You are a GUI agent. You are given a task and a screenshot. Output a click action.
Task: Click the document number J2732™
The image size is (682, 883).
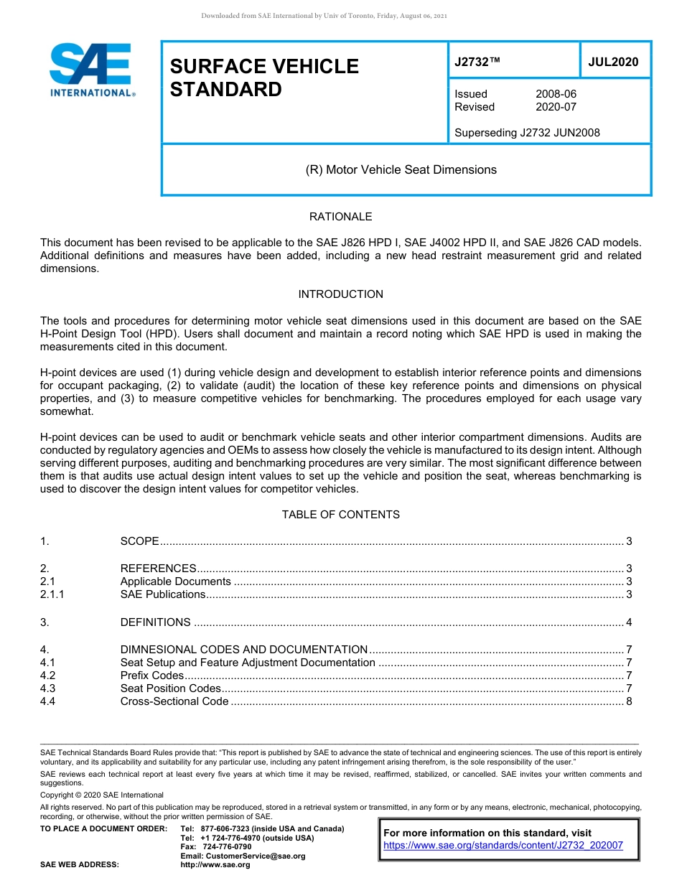coord(477,62)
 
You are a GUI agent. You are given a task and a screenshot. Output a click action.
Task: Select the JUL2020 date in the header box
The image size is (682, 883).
coord(613,62)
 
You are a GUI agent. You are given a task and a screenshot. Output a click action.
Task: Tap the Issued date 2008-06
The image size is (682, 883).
coord(556,94)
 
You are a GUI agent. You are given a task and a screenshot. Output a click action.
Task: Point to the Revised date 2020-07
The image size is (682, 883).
coord(556,107)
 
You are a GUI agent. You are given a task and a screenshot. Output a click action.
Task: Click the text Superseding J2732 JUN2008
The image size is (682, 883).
coord(527,133)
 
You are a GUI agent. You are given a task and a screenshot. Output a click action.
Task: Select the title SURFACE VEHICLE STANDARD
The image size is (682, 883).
coord(263,78)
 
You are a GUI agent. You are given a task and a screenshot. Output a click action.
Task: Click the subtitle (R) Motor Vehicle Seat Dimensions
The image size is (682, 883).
coord(401,170)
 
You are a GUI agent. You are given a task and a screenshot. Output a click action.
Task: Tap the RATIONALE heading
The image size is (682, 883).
coord(340,217)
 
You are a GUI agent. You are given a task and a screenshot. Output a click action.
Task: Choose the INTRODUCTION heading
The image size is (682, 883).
coord(340,294)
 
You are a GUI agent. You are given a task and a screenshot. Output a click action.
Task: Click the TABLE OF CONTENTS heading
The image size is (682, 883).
coord(340,515)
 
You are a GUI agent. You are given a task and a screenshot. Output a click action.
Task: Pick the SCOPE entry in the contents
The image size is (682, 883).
coord(139,541)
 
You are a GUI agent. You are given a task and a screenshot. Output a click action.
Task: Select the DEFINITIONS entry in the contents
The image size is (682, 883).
coord(155,622)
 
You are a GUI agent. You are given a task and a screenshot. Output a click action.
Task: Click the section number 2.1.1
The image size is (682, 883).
coord(52,594)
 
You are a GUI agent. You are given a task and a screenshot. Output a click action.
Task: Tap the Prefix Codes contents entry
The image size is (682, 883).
coord(152,676)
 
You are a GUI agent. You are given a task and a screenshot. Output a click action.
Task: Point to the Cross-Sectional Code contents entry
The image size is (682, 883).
coord(174,701)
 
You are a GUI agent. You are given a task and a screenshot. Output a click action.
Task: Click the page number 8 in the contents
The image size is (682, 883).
coord(629,701)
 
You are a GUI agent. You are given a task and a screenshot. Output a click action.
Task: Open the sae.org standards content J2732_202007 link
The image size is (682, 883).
coord(503,846)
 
